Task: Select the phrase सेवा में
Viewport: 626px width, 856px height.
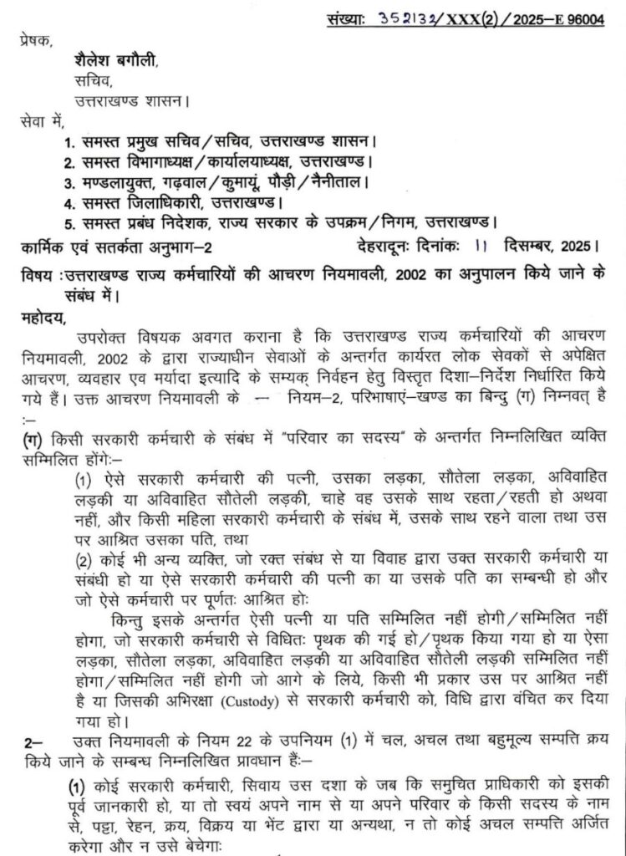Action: click(x=40, y=122)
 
